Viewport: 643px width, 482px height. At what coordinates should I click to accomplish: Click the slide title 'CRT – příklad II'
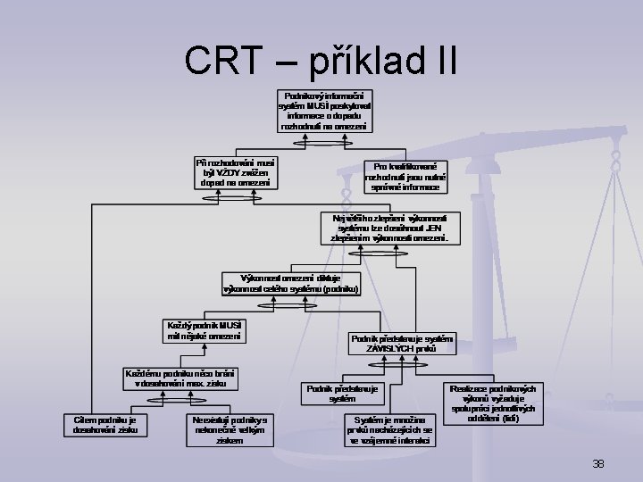coord(321,60)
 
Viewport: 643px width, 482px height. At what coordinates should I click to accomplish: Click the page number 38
coord(598,462)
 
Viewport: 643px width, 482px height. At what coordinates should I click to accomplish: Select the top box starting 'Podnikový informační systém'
coord(325,111)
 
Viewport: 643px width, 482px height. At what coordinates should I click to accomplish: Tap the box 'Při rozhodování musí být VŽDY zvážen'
coord(236,172)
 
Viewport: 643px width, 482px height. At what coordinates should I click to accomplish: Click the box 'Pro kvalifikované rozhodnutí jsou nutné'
coord(405,177)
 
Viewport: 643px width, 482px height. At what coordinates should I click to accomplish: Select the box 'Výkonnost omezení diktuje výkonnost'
coord(291,284)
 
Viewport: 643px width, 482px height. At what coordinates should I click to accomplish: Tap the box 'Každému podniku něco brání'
coord(180,377)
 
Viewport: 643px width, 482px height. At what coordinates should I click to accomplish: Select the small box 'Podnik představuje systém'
coord(342,394)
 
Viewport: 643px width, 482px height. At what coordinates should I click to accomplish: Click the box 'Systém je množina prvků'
coord(390,429)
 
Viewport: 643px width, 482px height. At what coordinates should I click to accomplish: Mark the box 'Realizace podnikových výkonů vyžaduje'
coord(493,404)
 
